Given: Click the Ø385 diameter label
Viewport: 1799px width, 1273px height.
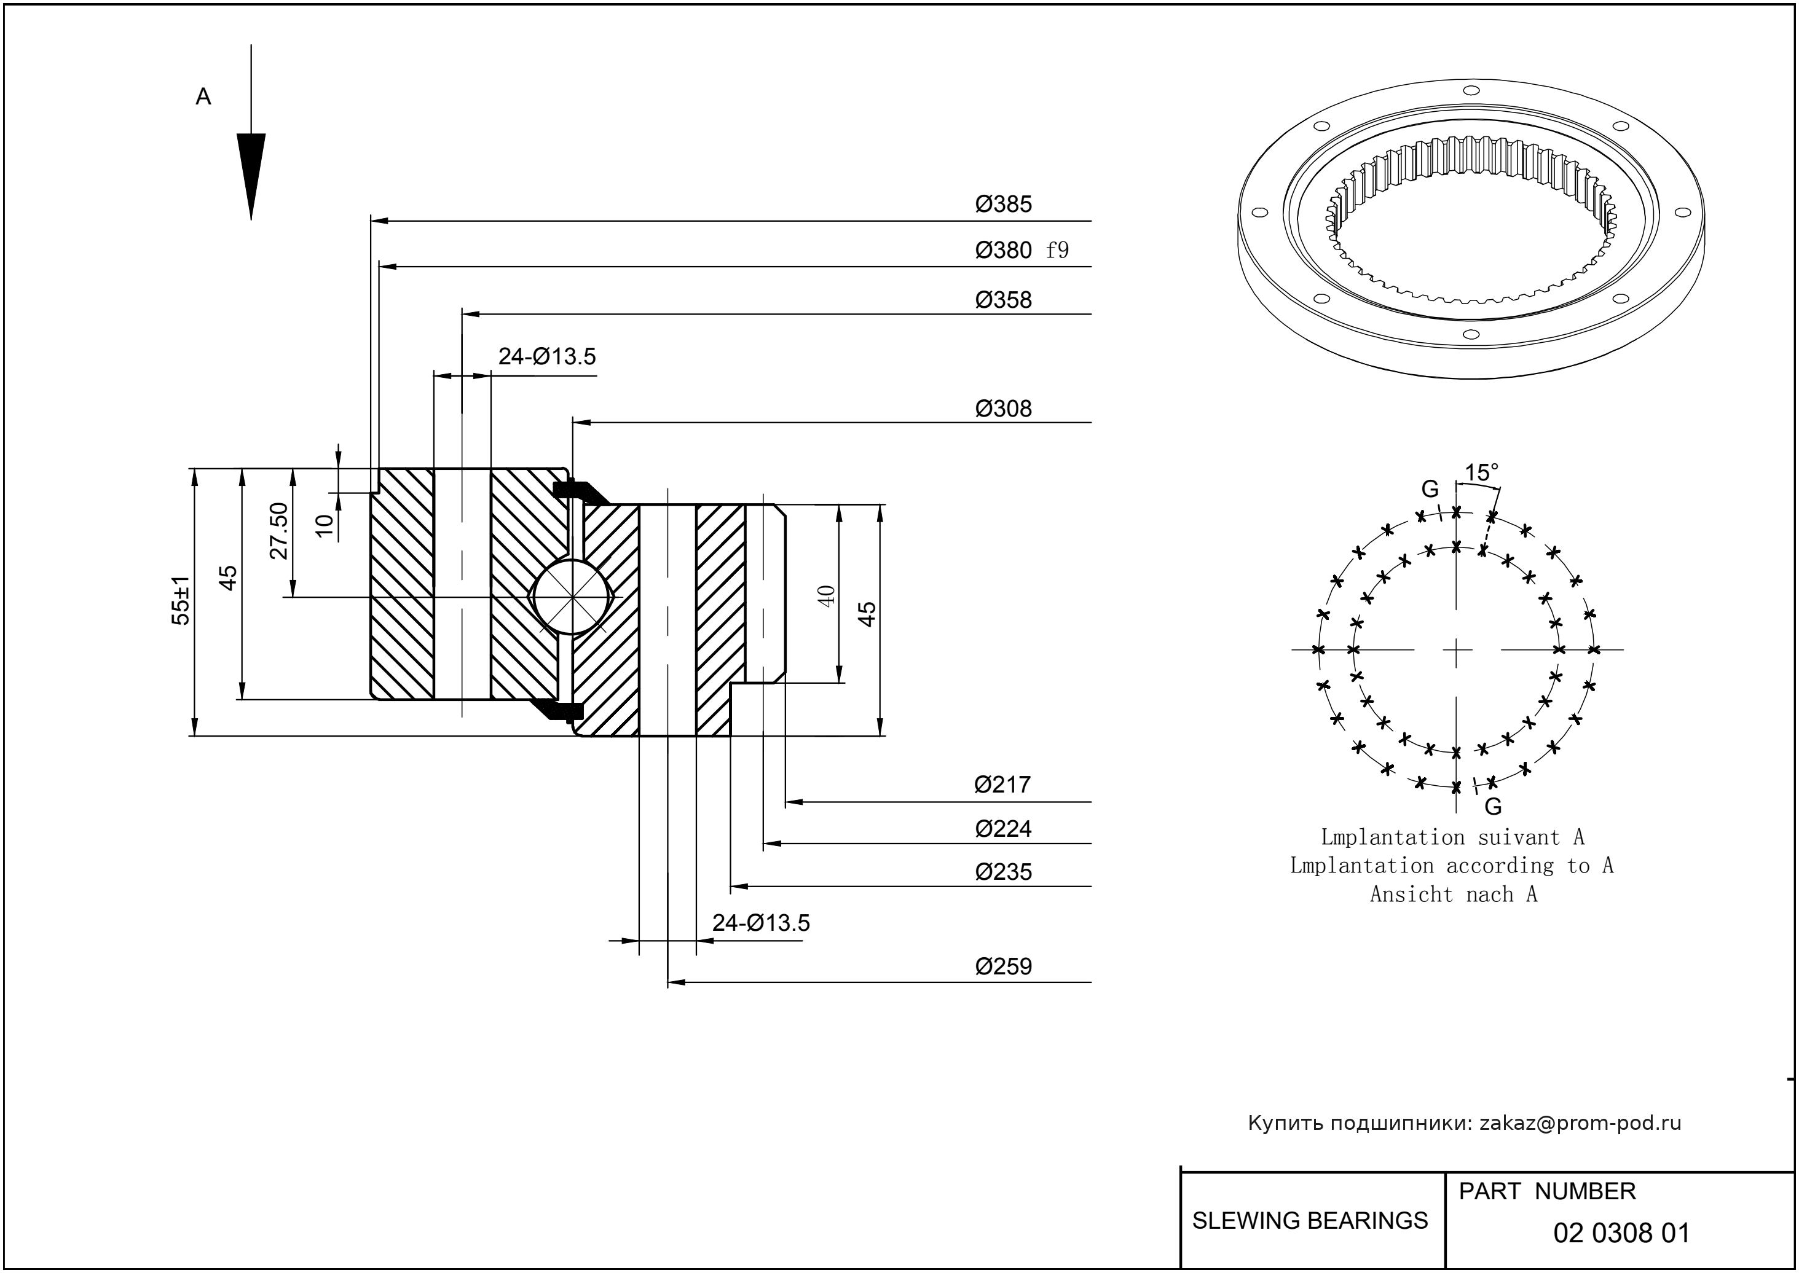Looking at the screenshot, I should (x=1003, y=205).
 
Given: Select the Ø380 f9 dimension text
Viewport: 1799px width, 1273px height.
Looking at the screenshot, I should (x=1021, y=251).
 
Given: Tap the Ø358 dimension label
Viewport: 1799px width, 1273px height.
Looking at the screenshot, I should (x=1003, y=300).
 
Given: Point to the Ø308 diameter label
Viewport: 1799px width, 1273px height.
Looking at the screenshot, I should (x=1003, y=409).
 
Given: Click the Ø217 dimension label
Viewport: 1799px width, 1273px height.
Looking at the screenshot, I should (x=1002, y=785).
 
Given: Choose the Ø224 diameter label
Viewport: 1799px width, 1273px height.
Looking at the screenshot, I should (x=1003, y=829).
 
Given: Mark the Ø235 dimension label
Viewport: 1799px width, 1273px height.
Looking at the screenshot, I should (x=1003, y=872).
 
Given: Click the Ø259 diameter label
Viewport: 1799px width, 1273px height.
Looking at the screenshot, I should (x=1003, y=966).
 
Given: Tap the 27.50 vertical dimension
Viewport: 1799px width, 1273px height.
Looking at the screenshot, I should (x=279, y=531).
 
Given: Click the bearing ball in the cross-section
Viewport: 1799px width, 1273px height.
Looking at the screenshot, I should (x=572, y=597).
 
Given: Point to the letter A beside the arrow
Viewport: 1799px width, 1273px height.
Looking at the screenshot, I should (x=203, y=97).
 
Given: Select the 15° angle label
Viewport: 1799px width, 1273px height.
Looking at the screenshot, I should (x=1481, y=472).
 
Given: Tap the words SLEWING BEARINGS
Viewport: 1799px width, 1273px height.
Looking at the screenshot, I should (x=1310, y=1221).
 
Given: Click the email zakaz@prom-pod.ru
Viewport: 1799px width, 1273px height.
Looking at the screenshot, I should (x=1580, y=1123).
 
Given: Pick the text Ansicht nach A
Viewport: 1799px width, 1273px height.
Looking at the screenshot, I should (x=1453, y=895).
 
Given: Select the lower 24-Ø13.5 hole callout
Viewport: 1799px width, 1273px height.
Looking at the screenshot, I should (x=761, y=923).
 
